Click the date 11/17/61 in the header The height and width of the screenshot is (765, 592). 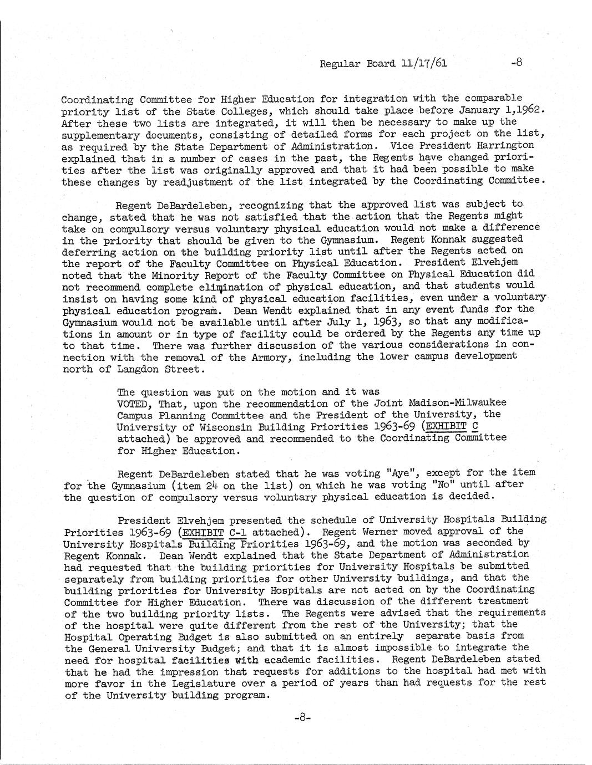pyautogui.click(x=423, y=63)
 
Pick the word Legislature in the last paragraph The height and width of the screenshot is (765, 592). pyautogui.click(x=227, y=683)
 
